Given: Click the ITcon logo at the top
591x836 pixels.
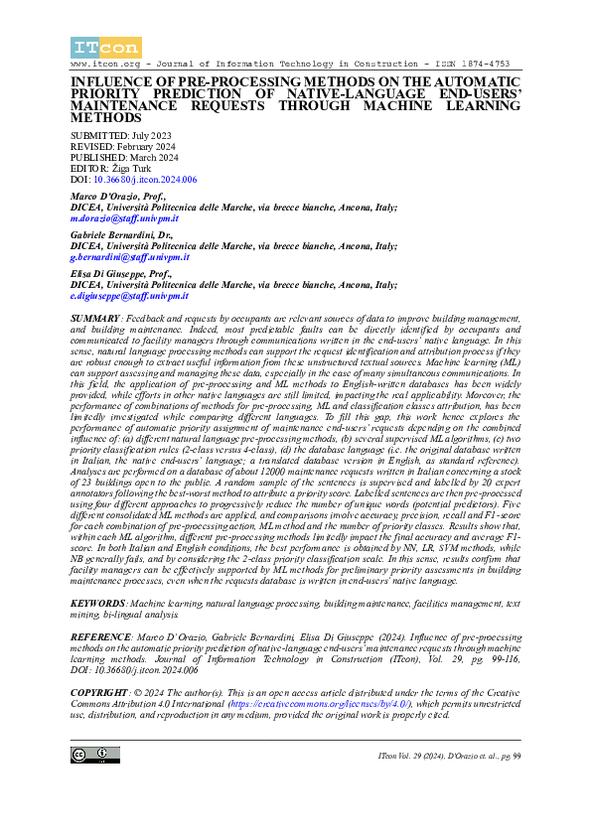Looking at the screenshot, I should click(x=105, y=47).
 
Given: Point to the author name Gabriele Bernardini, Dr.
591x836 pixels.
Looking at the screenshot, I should click(x=124, y=235).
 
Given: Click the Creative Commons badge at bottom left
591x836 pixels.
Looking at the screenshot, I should click(x=95, y=757).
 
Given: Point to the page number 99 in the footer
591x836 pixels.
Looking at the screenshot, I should click(x=515, y=758).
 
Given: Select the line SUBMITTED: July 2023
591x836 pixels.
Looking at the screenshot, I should click(x=120, y=136).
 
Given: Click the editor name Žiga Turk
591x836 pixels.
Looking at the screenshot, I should click(x=132, y=169).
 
